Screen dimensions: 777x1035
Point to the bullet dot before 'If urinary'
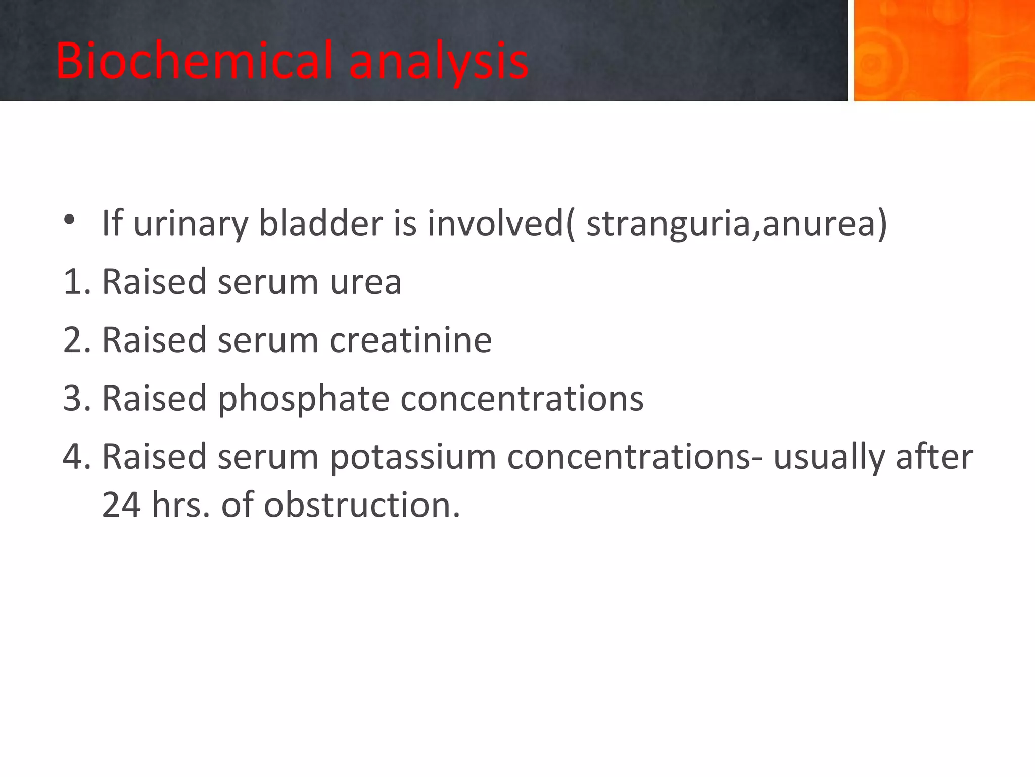tap(69, 220)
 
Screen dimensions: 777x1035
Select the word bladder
tap(321, 223)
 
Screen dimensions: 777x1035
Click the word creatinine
tap(410, 340)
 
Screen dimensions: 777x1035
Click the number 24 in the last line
tap(121, 505)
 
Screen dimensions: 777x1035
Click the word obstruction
tap(362, 505)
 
